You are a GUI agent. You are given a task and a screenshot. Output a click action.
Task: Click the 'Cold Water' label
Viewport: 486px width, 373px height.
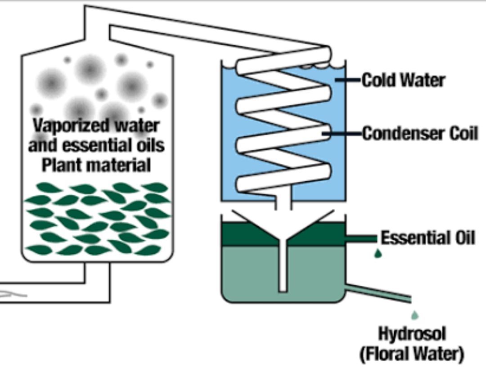403,80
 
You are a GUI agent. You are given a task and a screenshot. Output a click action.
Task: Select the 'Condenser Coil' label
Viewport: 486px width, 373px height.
420,134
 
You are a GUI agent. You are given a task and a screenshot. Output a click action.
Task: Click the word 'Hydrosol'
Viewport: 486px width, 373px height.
412,334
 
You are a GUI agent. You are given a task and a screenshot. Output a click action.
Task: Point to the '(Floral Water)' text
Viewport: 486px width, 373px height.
412,354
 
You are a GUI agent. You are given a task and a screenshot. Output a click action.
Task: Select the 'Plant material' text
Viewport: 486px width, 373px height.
96,165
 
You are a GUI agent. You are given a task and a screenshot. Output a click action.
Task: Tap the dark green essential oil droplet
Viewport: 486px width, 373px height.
378,253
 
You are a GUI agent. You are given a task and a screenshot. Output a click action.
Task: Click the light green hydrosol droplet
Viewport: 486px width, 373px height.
415,315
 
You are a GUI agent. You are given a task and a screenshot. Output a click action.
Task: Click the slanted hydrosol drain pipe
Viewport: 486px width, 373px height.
378,293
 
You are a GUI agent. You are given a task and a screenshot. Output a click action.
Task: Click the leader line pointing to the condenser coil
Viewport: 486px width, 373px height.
342,134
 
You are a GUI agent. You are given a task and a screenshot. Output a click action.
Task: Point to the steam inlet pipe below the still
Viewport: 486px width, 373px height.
55,292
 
